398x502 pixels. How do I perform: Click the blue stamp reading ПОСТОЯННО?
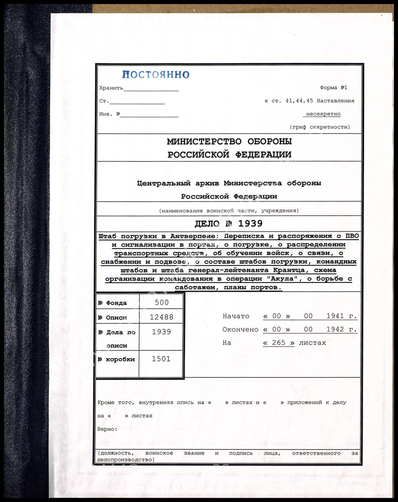coord(156,74)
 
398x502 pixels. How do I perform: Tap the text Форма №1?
coord(333,88)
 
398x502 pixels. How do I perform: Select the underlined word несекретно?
coord(323,114)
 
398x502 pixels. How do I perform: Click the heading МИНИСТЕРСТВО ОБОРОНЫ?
coord(229,141)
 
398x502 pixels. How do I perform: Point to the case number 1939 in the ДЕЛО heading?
coord(250,223)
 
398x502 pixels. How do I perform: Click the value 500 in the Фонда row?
coord(161,303)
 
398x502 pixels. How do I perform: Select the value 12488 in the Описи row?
coord(161,317)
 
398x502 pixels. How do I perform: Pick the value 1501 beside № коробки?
coord(161,359)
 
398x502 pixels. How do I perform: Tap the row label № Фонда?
coord(113,303)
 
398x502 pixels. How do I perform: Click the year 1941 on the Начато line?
coord(335,316)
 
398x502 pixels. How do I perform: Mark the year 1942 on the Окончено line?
coord(335,329)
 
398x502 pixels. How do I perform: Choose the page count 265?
coord(279,343)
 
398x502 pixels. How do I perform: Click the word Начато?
coord(236,316)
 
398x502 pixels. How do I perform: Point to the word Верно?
coord(107,429)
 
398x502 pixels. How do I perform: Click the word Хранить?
coord(111,88)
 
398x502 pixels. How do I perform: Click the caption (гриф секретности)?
coord(320,127)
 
